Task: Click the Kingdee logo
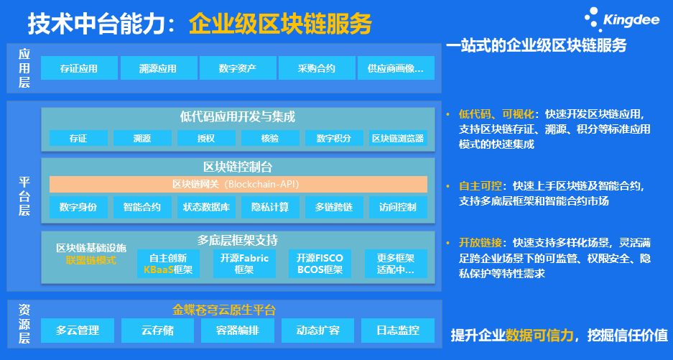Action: [x=621, y=19]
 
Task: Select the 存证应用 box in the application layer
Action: [x=80, y=68]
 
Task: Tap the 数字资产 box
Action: [x=237, y=68]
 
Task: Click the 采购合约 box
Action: [x=317, y=68]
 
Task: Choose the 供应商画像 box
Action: [x=396, y=68]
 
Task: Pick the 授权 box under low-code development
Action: [x=206, y=139]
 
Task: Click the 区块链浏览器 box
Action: [x=398, y=139]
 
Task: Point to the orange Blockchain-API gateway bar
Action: [x=238, y=184]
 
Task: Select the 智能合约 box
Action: [x=142, y=207]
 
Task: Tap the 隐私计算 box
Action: [x=270, y=207]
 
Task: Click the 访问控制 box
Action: [x=398, y=207]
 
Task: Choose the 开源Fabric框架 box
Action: [x=244, y=264]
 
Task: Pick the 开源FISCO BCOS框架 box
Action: [x=320, y=264]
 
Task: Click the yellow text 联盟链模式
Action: [x=91, y=260]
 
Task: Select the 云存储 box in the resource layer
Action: [x=157, y=331]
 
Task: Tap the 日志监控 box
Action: [x=398, y=331]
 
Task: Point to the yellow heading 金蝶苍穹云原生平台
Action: [x=224, y=310]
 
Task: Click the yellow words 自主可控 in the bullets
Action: [x=481, y=186]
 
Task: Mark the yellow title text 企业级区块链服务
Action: [x=280, y=24]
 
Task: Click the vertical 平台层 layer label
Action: [x=24, y=196]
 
